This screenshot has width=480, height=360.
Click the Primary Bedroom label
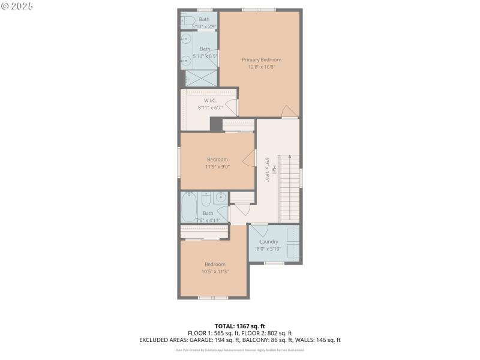point(261,59)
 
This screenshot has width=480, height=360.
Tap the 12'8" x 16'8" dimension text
point(261,67)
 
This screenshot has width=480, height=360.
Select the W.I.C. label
point(210,100)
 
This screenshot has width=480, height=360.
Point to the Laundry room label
point(269,241)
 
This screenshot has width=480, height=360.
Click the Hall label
point(274,170)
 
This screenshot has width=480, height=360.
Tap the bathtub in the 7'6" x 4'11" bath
point(190,206)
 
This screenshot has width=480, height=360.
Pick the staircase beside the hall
point(289,187)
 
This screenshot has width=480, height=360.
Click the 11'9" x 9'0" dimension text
point(217,166)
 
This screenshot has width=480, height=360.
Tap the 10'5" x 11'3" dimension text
point(215,271)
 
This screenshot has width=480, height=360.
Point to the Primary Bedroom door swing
point(289,111)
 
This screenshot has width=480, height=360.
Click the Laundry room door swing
point(259,229)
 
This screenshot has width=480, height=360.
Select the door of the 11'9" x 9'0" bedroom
point(248,159)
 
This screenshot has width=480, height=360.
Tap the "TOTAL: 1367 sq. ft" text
point(240,326)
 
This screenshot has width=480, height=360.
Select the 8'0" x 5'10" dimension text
point(269,248)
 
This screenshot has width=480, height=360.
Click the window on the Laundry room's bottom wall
point(274,263)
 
